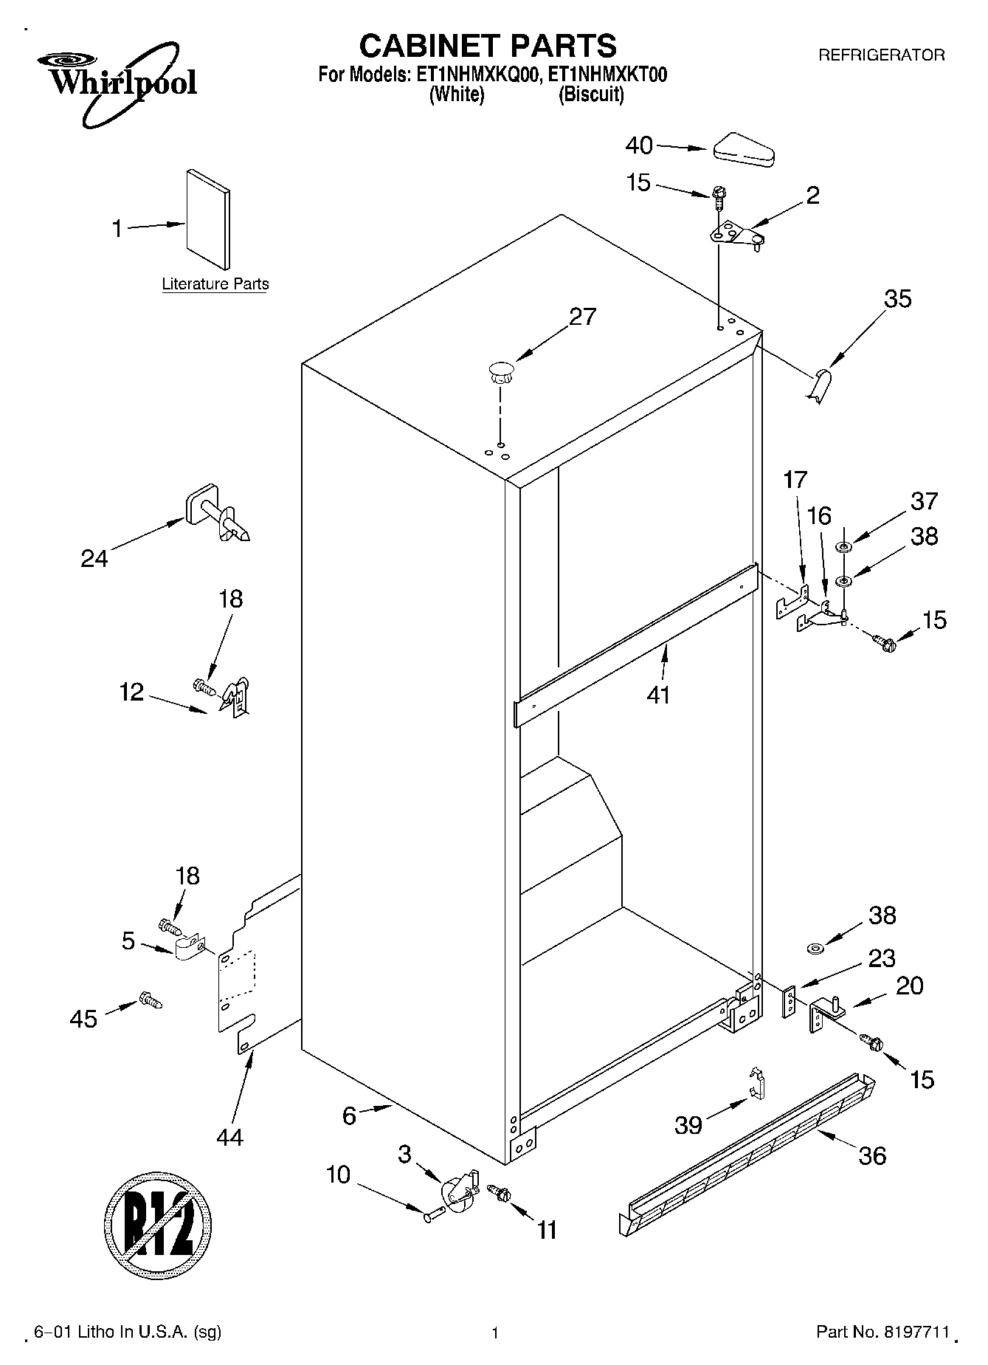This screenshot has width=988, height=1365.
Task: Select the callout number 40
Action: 639,145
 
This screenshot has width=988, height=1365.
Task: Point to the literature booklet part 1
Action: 208,220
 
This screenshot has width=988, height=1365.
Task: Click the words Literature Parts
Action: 215,284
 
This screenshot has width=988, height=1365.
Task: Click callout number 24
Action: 94,558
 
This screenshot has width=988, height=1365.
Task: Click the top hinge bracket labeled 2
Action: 736,236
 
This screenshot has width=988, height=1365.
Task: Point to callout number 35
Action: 898,299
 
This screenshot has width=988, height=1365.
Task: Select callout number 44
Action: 230,1137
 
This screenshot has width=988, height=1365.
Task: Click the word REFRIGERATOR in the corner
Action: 881,55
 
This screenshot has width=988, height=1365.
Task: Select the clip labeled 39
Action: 756,1082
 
